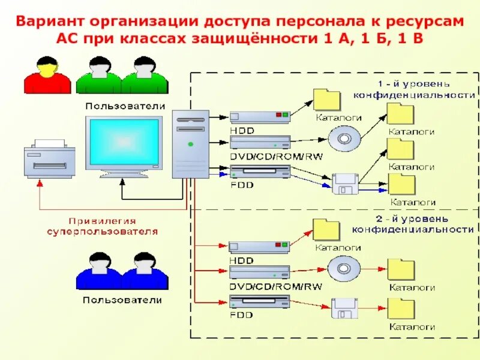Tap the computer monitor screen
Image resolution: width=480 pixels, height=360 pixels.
[124, 143]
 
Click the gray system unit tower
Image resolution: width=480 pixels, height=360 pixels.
[191, 144]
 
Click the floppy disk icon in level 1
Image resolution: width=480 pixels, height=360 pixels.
[345, 184]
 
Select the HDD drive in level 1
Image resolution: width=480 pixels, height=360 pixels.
[260, 116]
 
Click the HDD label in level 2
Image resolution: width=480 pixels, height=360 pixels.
[241, 260]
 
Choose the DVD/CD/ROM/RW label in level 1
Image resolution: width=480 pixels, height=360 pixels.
[275, 156]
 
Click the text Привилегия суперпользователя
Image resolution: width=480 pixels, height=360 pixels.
[103, 226]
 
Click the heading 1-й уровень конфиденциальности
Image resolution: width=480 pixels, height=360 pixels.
[414, 89]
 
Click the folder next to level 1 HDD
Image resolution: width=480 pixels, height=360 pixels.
[328, 100]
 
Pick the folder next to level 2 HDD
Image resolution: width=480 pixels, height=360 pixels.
[327, 229]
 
